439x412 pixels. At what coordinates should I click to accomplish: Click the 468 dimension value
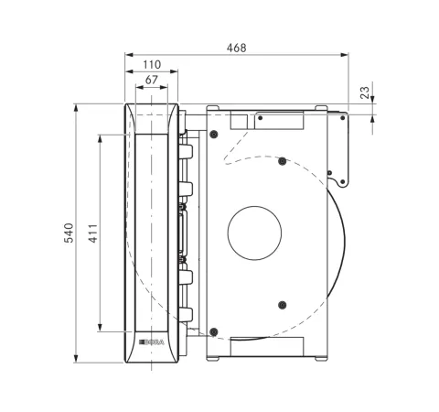(236, 48)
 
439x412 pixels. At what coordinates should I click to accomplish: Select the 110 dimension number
(152, 65)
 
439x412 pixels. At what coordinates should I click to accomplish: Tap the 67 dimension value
(152, 80)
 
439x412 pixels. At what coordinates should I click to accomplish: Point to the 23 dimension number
(365, 92)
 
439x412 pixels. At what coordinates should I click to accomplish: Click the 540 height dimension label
(69, 233)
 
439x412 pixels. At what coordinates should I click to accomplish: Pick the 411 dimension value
(93, 233)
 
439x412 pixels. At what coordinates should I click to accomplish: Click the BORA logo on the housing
(152, 342)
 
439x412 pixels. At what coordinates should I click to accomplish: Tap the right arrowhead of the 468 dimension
(345, 55)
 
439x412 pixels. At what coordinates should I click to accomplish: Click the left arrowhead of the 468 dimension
(129, 55)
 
